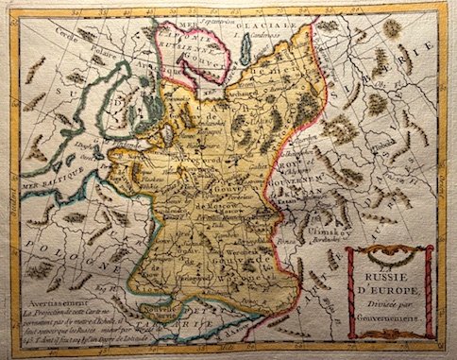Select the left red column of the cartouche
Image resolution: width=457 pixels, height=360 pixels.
(x=351, y=291)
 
